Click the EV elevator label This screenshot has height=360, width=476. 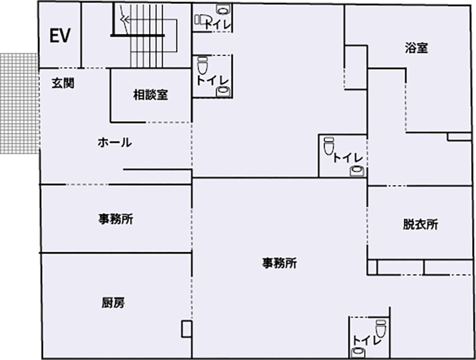59,36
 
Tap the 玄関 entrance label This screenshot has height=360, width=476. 62,83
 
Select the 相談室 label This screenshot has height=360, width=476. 150,95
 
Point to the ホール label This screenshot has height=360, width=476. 115,143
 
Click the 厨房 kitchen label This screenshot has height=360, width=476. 113,303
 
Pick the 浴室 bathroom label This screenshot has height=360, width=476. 416,48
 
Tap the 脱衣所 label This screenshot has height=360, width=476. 420,224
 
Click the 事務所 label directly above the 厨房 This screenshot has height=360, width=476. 115,219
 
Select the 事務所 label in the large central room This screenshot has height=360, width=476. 279,263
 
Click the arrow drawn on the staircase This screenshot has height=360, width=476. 125,20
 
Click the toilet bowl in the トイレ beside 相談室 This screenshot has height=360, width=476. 202,66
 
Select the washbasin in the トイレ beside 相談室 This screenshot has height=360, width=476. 222,92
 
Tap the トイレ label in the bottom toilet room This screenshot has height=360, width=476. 367,339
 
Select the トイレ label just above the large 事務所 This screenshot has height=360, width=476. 347,158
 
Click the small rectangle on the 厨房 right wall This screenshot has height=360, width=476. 186,329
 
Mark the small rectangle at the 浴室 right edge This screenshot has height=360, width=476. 459,136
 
